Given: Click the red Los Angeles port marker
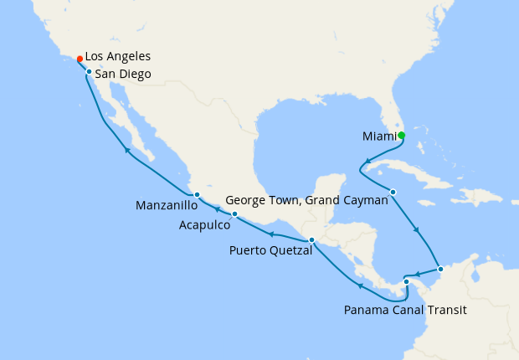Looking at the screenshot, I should [x=80, y=59].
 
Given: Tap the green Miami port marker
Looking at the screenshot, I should [x=401, y=136].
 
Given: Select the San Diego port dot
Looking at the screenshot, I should [x=89, y=72].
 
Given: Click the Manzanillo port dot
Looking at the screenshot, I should [x=197, y=195].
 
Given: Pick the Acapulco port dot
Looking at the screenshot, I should [x=234, y=214].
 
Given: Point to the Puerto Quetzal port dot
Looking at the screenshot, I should [x=311, y=240].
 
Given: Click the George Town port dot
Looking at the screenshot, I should [x=393, y=193].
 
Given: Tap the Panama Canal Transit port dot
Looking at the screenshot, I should [x=407, y=281].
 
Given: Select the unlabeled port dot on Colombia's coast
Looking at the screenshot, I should [x=441, y=270].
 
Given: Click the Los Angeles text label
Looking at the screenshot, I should [x=118, y=57].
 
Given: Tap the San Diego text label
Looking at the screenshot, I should [x=123, y=75].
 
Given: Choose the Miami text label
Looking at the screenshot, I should [x=378, y=136].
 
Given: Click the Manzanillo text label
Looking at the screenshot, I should [x=166, y=205].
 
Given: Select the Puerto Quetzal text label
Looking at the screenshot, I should [x=268, y=249].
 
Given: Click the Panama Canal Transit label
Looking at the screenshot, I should [x=405, y=310].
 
